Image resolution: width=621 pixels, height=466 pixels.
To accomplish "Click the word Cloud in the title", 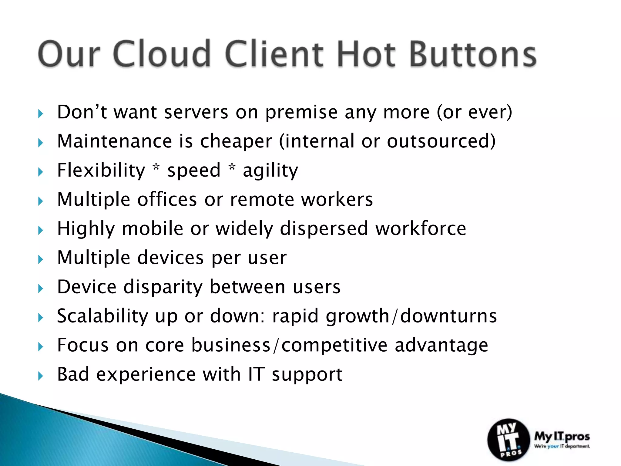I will point(162,54).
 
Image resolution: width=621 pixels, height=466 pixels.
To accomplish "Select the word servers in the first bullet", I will point(196,112).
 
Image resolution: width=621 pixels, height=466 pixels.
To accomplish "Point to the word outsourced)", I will point(441,141).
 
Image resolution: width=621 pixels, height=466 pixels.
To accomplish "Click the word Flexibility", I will point(101,170).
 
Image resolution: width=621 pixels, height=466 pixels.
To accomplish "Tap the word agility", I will point(270,171).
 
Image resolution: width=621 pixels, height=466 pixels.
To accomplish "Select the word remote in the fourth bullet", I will point(262,199).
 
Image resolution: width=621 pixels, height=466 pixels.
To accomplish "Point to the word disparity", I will point(163,287).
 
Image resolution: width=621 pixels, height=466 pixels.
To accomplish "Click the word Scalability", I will point(102,316).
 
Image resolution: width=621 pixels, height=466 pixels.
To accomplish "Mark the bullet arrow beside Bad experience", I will point(41,376).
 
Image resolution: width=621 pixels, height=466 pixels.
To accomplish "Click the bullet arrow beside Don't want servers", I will point(41,114).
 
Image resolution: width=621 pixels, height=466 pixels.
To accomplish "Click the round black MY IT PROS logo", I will point(508,440).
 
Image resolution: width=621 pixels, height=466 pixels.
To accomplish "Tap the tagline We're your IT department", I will point(562,446).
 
